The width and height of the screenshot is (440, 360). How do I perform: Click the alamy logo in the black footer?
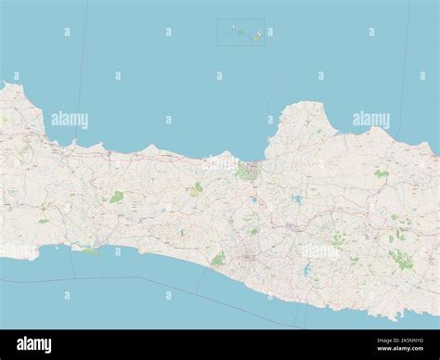(34, 344)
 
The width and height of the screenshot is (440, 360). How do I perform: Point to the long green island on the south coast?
(88, 251)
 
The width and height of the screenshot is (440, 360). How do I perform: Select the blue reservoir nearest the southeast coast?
(306, 271)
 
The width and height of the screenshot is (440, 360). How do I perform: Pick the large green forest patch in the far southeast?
(400, 259)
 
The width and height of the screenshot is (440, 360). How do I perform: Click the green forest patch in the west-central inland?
(116, 197)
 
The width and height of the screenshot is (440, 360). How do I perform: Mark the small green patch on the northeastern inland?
(380, 174)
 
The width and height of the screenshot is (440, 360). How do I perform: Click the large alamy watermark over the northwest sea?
(70, 120)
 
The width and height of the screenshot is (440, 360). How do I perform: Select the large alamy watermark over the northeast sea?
(370, 120)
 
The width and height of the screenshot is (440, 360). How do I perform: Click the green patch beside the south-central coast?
(218, 259)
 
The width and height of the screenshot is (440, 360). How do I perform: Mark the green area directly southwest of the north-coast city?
(197, 188)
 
